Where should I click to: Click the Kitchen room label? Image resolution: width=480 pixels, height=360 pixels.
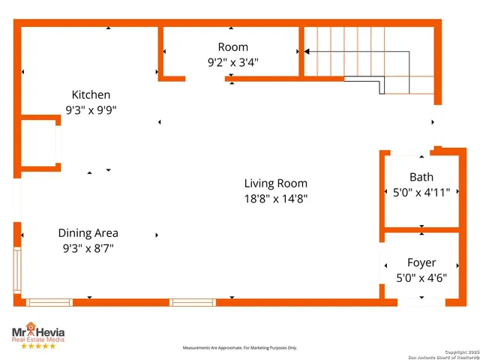point(91,94)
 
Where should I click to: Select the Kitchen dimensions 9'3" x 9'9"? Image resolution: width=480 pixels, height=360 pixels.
point(91,109)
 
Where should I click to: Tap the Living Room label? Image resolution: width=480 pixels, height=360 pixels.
point(275,183)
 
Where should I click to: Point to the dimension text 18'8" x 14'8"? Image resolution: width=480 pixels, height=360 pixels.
point(275,199)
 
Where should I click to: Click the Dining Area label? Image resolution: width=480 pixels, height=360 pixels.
point(88,233)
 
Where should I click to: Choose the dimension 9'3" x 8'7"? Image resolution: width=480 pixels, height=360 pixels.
point(88,248)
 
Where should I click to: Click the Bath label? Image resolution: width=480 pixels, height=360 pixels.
point(421,177)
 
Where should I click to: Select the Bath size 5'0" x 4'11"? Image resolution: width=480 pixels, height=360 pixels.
point(421,192)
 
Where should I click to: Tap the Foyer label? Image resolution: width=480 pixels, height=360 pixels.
point(421,262)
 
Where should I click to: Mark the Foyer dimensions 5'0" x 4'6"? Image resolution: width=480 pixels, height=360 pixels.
point(421,277)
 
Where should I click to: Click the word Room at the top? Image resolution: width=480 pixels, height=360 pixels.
point(232,47)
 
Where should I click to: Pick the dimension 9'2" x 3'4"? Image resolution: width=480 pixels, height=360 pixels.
point(232,63)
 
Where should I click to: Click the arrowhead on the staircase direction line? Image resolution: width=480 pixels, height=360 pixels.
point(307,52)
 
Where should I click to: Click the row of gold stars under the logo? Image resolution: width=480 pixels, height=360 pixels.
point(37,346)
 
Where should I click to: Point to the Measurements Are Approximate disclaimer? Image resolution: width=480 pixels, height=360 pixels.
point(240,348)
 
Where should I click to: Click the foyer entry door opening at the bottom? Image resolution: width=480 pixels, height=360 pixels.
point(421,302)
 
